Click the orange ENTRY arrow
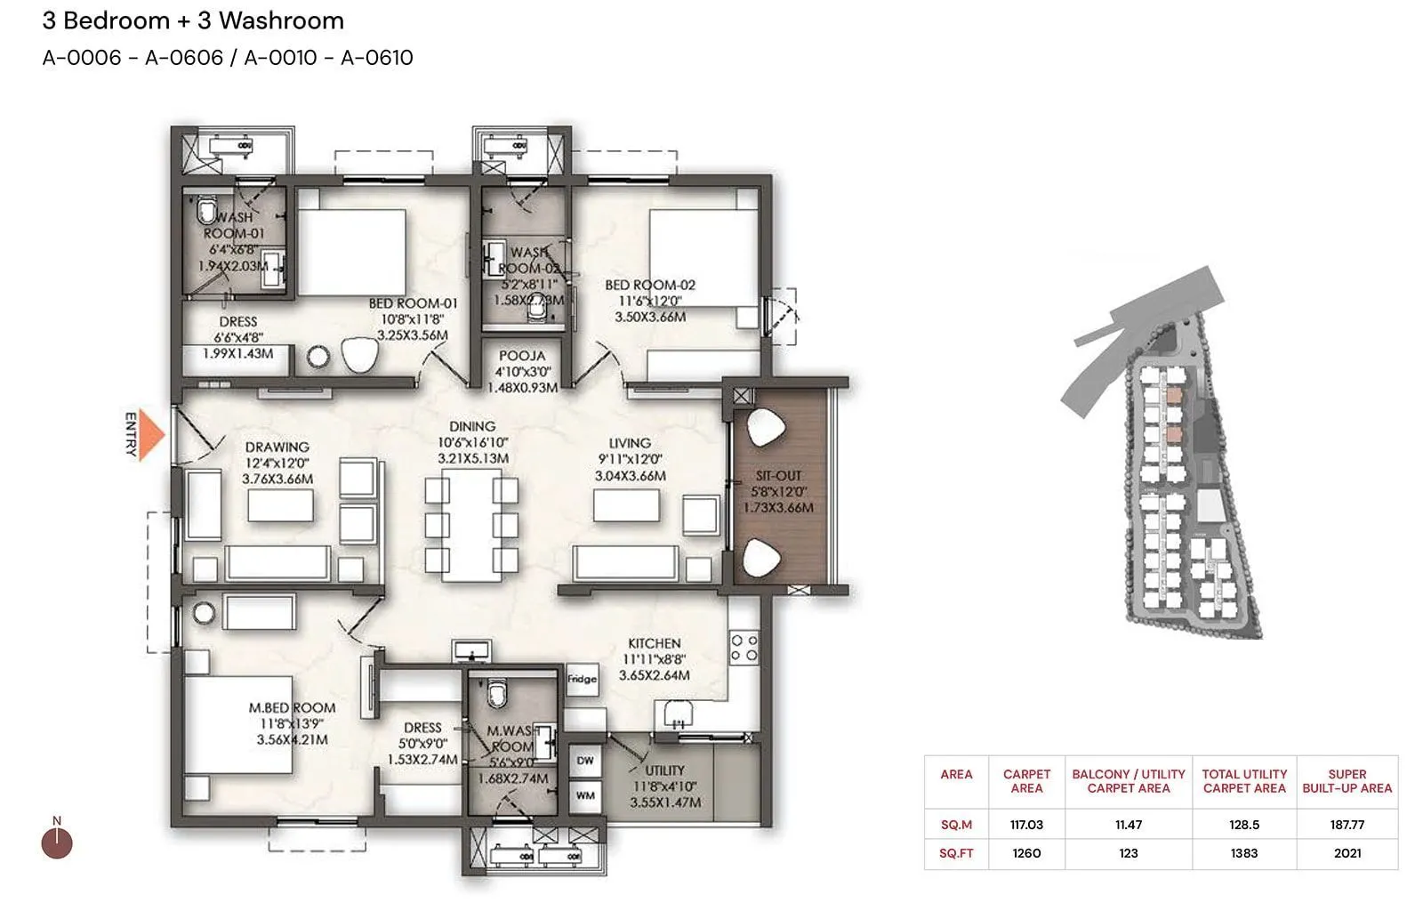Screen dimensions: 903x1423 153,433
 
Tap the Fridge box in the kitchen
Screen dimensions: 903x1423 582,680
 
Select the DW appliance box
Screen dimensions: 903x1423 585,761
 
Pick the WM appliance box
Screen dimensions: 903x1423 585,795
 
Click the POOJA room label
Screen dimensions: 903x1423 522,356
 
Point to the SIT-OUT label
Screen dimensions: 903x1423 778,476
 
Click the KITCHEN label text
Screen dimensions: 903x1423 654,643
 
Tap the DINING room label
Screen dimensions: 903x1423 472,427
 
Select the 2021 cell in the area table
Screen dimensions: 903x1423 1347,853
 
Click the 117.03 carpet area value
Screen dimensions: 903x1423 1026,825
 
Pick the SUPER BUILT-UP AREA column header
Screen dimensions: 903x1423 1347,781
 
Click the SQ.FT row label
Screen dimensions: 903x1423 956,853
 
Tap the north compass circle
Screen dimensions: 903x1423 58,843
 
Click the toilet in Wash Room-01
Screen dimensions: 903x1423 206,212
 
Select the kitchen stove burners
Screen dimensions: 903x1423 744,648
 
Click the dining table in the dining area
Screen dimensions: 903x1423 471,525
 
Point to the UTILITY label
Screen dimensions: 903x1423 664,770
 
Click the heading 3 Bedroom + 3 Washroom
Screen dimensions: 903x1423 193,20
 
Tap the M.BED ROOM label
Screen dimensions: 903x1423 292,708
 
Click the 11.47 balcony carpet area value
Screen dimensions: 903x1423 1128,825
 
